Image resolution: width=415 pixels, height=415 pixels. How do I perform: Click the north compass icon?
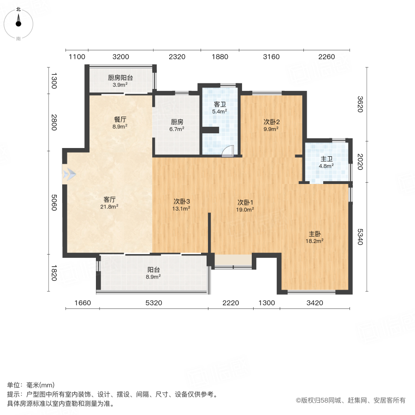[18, 23]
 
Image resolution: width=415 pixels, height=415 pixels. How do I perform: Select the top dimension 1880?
[220, 57]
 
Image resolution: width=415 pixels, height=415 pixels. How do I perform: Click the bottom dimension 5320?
[154, 303]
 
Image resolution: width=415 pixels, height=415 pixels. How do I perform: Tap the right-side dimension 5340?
[360, 236]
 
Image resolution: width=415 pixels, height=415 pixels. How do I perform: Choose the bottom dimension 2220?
[231, 303]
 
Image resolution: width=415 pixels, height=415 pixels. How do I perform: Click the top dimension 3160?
[271, 57]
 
